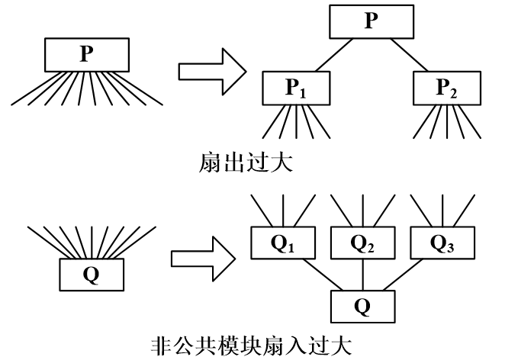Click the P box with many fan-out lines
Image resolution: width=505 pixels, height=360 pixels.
86,54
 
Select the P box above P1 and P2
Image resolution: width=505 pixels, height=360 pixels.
371,21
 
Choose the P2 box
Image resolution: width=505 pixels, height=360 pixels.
445,88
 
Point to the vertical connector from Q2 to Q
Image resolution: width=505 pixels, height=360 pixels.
362,274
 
